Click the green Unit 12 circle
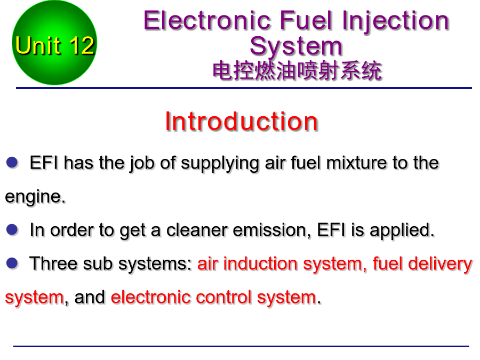point(54,43)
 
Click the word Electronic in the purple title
point(207,20)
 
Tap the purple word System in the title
point(295,47)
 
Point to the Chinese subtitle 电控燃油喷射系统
point(297,71)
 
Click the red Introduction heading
point(242,122)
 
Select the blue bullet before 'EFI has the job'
point(12,162)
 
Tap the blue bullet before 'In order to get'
point(12,229)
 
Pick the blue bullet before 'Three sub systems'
point(12,263)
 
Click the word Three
point(53,263)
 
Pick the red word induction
point(260,263)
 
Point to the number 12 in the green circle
point(82,46)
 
